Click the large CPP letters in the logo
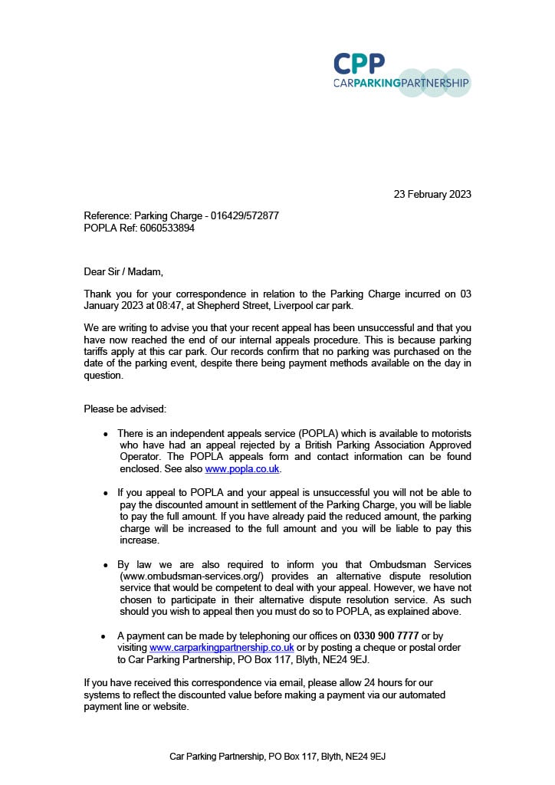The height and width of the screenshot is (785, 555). [x=359, y=64]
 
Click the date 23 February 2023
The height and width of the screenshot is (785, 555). [x=432, y=194]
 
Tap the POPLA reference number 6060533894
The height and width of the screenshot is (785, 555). [x=166, y=228]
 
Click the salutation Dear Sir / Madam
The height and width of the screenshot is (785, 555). [x=123, y=271]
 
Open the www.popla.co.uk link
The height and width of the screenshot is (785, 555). [x=242, y=468]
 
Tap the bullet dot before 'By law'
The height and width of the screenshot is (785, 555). [x=106, y=565]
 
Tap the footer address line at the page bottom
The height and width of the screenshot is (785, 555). [x=277, y=757]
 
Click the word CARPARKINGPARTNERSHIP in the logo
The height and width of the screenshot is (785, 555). [x=401, y=83]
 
